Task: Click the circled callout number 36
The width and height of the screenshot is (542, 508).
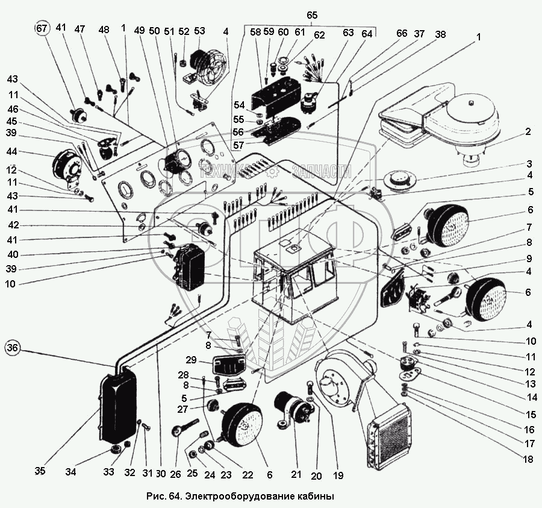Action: pyautogui.click(x=13, y=348)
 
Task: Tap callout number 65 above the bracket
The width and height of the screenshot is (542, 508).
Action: pyautogui.click(x=312, y=16)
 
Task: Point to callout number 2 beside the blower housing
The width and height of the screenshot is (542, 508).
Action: pyautogui.click(x=528, y=132)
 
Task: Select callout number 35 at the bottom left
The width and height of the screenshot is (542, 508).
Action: pyautogui.click(x=40, y=471)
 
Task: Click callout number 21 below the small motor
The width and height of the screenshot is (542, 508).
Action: pyautogui.click(x=296, y=474)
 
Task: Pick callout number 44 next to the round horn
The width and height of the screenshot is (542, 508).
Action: pyautogui.click(x=12, y=152)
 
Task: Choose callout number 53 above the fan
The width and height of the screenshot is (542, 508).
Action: pyautogui.click(x=199, y=31)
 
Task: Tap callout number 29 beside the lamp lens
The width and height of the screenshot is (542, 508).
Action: pyautogui.click(x=191, y=360)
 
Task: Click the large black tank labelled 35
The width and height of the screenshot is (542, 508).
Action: pyautogui.click(x=117, y=408)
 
